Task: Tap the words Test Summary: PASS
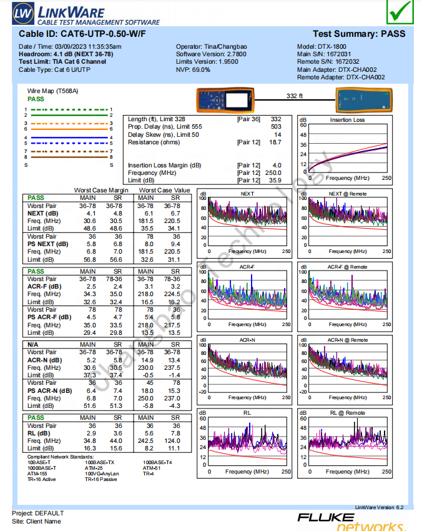[x=358, y=34]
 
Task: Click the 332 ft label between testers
[x=294, y=96]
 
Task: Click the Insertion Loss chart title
[x=348, y=120]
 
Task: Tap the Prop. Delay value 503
[x=275, y=127]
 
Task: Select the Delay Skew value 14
[x=278, y=135]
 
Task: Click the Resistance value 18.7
[x=275, y=142]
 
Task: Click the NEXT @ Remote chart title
[x=348, y=194]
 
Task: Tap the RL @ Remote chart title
[x=348, y=413]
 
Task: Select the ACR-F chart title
[x=247, y=267]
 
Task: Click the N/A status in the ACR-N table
[x=34, y=344]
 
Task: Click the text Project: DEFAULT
[x=38, y=514]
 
